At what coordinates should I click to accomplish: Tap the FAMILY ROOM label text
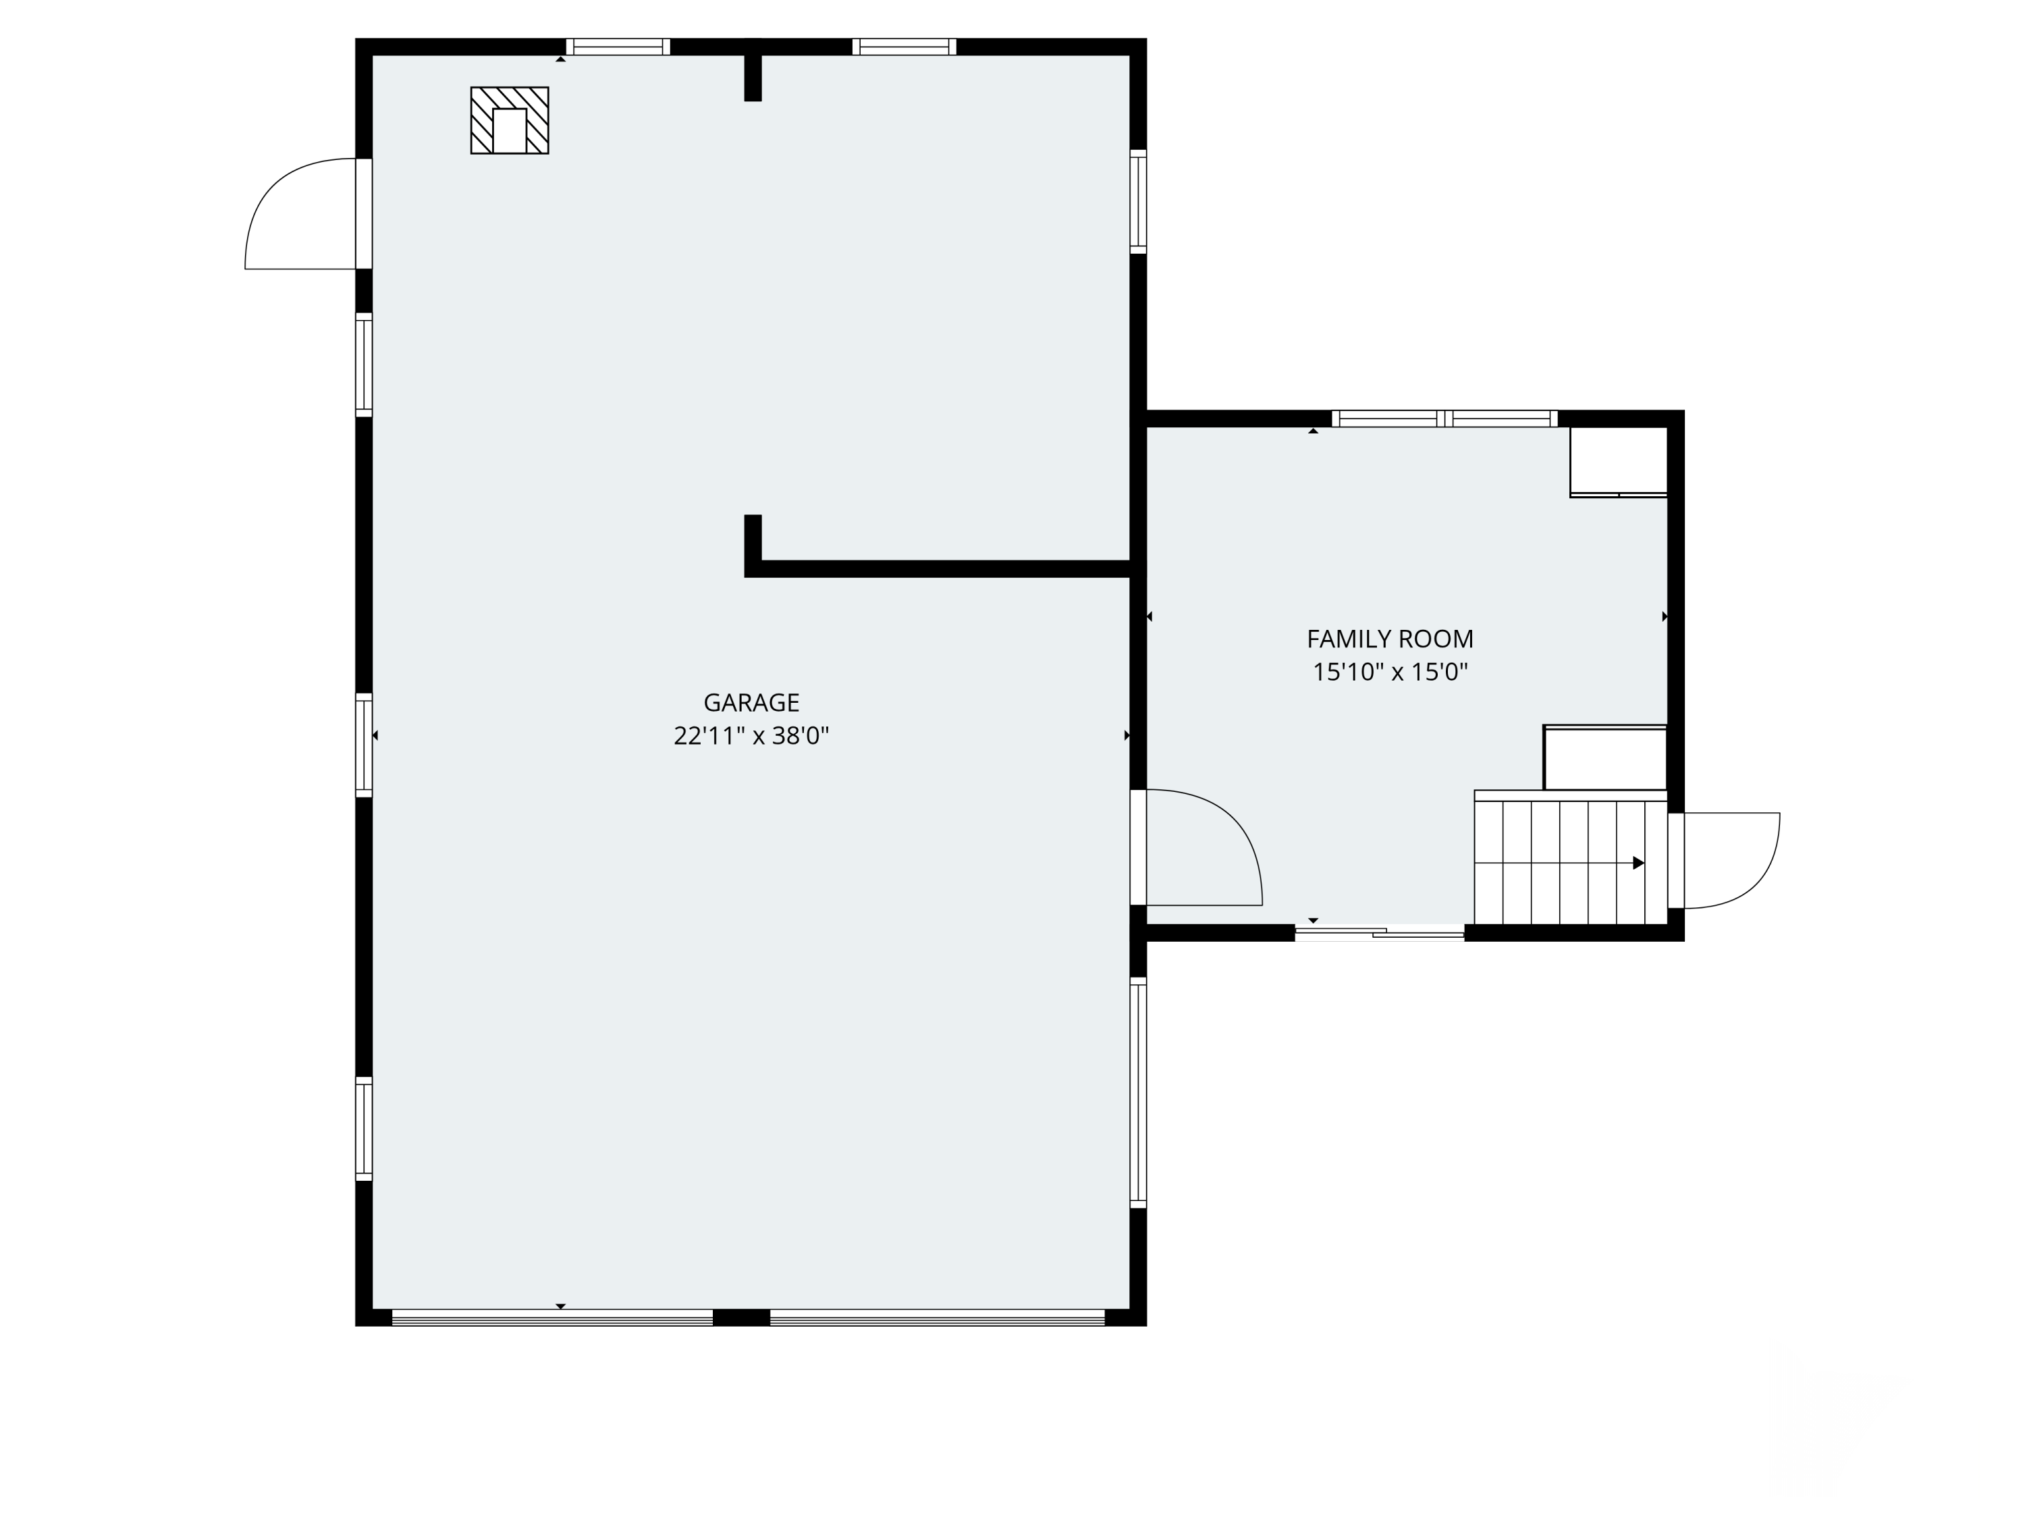point(1390,639)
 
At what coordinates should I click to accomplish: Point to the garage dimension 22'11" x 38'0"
point(751,736)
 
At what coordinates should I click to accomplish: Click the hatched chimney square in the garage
point(509,120)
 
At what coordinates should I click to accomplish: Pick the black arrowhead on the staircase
point(1639,863)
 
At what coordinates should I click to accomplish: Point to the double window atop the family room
point(1444,419)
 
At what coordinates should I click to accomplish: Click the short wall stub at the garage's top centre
point(753,70)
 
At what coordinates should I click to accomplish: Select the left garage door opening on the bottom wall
point(552,1318)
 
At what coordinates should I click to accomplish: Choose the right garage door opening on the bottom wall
point(938,1318)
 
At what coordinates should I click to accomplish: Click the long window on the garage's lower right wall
point(1138,1092)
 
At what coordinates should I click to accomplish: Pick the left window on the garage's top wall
point(618,47)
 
